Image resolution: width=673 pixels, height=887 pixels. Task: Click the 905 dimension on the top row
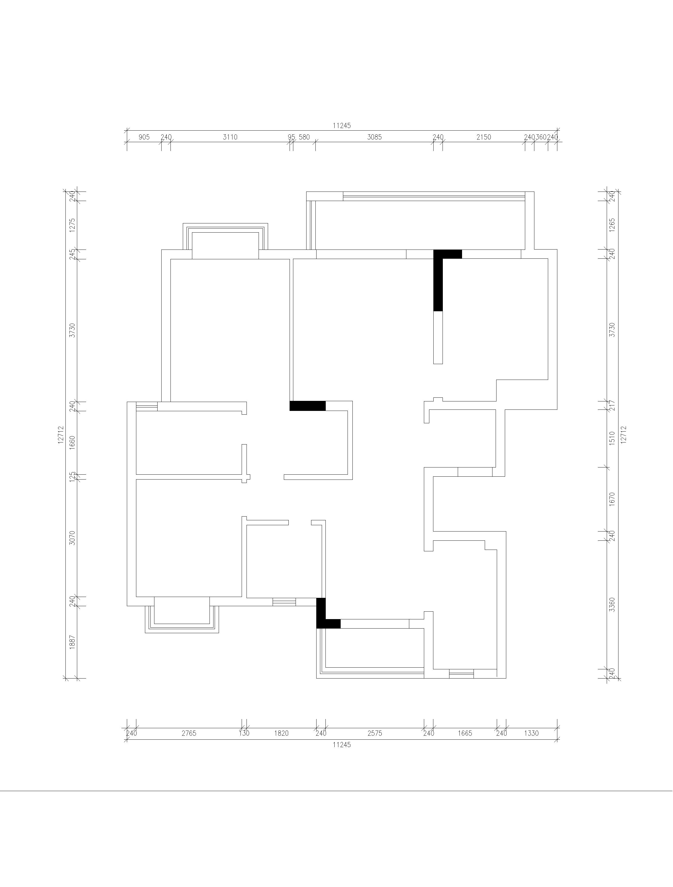(x=144, y=137)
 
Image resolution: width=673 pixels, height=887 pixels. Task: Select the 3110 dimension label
(x=230, y=137)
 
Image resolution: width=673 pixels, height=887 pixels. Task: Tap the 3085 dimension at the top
(x=374, y=137)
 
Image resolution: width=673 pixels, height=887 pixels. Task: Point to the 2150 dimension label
(x=484, y=137)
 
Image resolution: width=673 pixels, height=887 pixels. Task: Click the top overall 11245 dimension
(x=342, y=125)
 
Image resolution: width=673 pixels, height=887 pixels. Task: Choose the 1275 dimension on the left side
(x=72, y=225)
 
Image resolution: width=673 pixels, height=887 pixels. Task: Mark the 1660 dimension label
(x=72, y=443)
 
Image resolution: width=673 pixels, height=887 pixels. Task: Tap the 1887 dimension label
(x=72, y=642)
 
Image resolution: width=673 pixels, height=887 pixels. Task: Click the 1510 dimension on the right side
(x=612, y=438)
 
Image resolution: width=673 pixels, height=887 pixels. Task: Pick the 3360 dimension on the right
(x=612, y=605)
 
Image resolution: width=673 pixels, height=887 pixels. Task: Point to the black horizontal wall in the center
(x=307, y=406)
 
